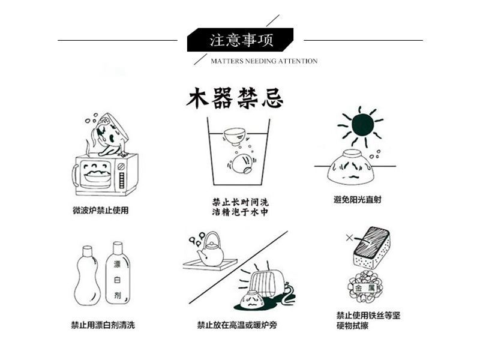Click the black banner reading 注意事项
click(x=241, y=40)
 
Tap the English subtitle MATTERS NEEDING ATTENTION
click(x=264, y=61)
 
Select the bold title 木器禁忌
click(x=235, y=98)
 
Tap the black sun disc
click(x=362, y=124)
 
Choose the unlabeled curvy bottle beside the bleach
click(x=87, y=277)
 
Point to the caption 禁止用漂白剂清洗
click(x=103, y=325)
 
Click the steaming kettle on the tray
click(x=211, y=250)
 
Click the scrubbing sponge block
click(x=370, y=247)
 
